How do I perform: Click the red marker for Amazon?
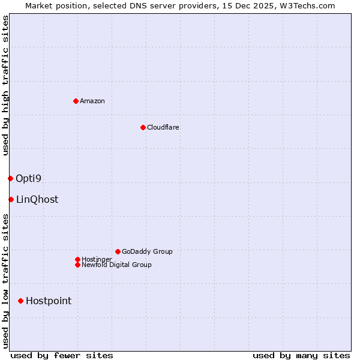(x=76, y=101)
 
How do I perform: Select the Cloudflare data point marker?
(x=143, y=127)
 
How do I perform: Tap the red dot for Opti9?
(x=10, y=178)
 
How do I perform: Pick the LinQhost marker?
(x=11, y=199)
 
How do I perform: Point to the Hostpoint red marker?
(x=20, y=301)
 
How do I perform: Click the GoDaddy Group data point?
(x=118, y=251)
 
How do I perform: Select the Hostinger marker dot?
(x=77, y=259)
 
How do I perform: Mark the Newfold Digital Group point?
(x=77, y=265)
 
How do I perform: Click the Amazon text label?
(x=92, y=101)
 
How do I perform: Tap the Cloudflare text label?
(x=163, y=127)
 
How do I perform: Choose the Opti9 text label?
(x=28, y=178)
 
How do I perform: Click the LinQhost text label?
(x=37, y=199)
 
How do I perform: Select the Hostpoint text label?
(x=49, y=301)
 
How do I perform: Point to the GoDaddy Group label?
(x=147, y=251)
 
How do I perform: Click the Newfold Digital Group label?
(x=117, y=265)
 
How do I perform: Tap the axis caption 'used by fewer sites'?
(x=62, y=355)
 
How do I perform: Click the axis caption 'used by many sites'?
(x=301, y=355)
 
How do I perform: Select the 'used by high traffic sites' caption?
(x=6, y=85)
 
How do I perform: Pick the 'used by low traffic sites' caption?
(x=6, y=280)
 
